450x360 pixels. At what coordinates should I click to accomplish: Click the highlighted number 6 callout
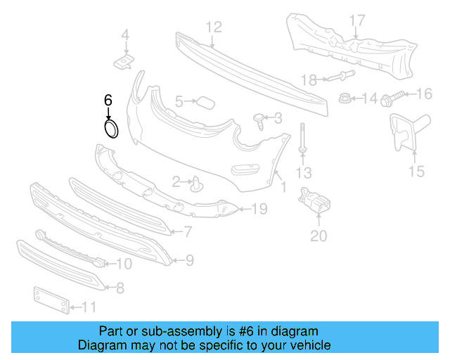[108, 101]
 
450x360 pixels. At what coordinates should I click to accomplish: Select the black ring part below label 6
[111, 128]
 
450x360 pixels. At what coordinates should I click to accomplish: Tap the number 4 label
[125, 34]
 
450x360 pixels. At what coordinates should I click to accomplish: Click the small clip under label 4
[124, 63]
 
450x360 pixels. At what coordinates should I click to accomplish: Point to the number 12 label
[214, 27]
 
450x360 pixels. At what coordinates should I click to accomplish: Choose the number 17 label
[357, 20]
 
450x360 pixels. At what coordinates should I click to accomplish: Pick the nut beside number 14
[346, 98]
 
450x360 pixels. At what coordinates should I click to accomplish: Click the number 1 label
[283, 188]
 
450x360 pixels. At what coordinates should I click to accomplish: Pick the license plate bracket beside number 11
[51, 300]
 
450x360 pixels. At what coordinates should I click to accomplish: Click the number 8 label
[120, 287]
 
